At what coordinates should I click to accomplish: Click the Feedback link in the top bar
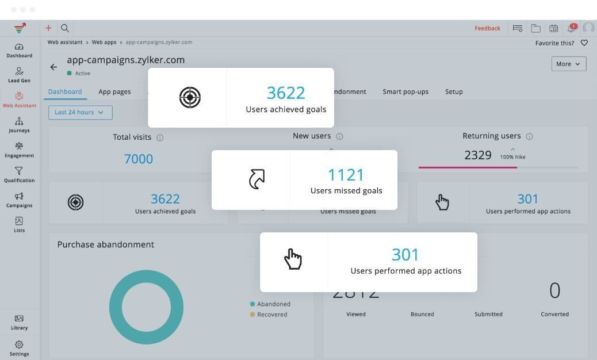[487, 28]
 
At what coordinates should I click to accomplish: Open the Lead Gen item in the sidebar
[19, 74]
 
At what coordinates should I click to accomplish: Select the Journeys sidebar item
[19, 124]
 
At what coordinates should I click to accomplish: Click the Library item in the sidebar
[19, 322]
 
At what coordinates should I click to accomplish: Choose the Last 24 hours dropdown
[80, 113]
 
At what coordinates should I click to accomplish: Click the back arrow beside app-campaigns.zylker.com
[53, 67]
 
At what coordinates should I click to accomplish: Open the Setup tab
[454, 91]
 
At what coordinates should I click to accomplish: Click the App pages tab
[114, 91]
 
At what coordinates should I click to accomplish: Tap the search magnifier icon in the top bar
[65, 28]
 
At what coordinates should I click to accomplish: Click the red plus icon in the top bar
[48, 28]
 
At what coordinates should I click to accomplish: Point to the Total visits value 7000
[139, 159]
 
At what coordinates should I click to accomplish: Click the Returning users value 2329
[478, 155]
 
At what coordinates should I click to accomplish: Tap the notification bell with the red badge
[572, 28]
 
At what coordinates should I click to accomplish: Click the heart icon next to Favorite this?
[584, 43]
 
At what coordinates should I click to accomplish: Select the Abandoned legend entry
[270, 304]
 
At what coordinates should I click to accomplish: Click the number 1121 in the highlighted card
[346, 175]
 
